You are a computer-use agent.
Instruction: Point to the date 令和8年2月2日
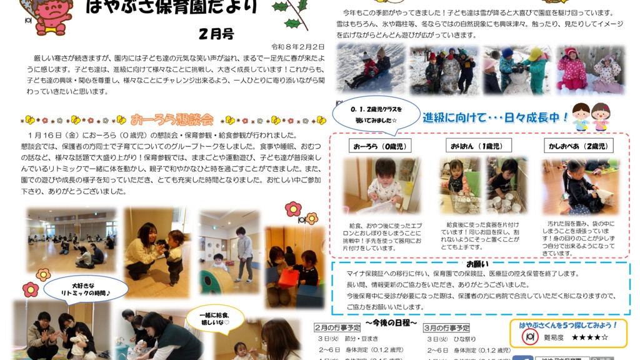pyautogui.click(x=297, y=47)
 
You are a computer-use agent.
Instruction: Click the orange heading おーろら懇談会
pyautogui.click(x=172, y=119)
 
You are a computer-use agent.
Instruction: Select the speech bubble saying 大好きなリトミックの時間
pyautogui.click(x=77, y=288)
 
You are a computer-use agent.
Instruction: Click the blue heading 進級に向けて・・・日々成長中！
pyautogui.click(x=496, y=117)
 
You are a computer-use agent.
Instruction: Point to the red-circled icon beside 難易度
pyautogui.click(x=530, y=337)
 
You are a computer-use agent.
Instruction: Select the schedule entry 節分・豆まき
pyautogui.click(x=353, y=339)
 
